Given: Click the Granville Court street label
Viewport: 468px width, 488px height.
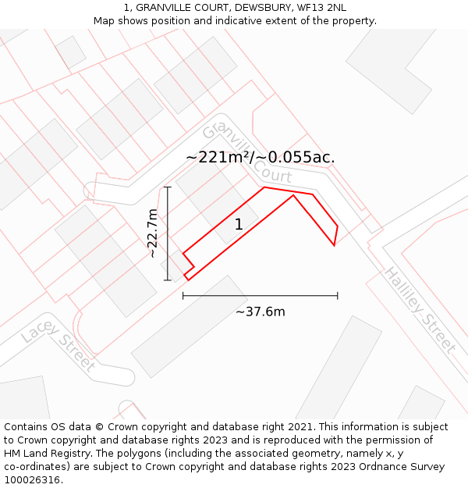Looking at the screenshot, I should click(x=246, y=152).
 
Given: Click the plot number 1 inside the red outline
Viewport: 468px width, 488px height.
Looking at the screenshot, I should click(x=239, y=225).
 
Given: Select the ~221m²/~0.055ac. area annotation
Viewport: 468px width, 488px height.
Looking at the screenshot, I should click(x=261, y=157).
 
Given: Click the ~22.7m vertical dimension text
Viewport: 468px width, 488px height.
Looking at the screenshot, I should click(x=153, y=233).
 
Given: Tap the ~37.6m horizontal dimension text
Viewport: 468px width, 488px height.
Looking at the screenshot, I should click(x=261, y=312).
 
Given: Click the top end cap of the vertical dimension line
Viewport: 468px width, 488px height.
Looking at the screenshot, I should click(x=168, y=187).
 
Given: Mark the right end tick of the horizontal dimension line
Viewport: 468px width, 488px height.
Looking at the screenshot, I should click(x=338, y=296).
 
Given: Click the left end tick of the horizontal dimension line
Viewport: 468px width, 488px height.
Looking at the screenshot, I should click(x=183, y=296).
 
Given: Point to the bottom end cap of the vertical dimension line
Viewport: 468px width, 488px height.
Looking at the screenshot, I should click(x=168, y=280).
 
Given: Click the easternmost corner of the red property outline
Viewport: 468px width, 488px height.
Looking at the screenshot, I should click(x=337, y=227).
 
